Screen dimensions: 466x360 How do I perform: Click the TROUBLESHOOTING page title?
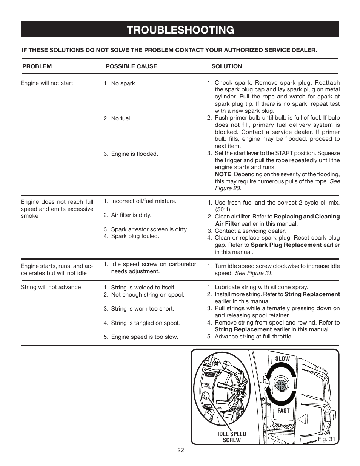coord(180,30)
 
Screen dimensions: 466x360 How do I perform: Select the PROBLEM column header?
coord(37,66)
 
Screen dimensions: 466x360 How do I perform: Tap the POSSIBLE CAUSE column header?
coord(131,66)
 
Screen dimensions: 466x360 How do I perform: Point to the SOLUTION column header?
coord(226,66)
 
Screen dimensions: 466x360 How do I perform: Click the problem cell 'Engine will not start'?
coord(47,83)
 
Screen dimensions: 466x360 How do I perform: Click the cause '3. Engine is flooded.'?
coord(131,154)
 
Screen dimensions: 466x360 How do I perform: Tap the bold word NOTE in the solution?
coord(223,174)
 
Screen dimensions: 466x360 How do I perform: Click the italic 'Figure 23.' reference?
coord(228,188)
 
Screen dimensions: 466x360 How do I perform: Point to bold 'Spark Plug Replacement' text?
coord(286,245)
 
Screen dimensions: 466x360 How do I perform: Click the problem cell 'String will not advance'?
coord(51,287)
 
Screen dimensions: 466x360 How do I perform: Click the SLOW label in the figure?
coord(282,358)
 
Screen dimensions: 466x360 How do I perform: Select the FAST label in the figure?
coord(283,411)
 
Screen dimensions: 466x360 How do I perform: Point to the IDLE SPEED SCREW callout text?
coord(232,437)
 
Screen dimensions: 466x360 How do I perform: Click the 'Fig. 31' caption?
coord(326,439)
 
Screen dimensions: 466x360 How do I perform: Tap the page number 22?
coord(180,450)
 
